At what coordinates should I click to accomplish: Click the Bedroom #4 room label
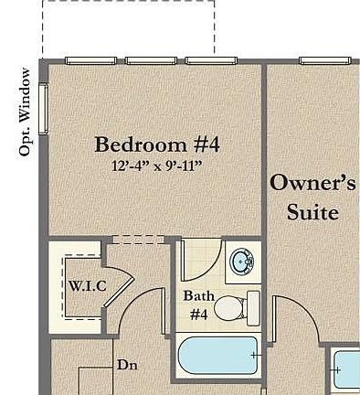(157, 144)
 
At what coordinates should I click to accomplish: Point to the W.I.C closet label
(88, 285)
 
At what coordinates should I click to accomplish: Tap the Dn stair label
(127, 364)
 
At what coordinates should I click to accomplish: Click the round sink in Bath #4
(242, 262)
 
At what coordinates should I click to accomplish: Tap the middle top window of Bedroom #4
(151, 61)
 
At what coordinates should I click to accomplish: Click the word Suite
(312, 212)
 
